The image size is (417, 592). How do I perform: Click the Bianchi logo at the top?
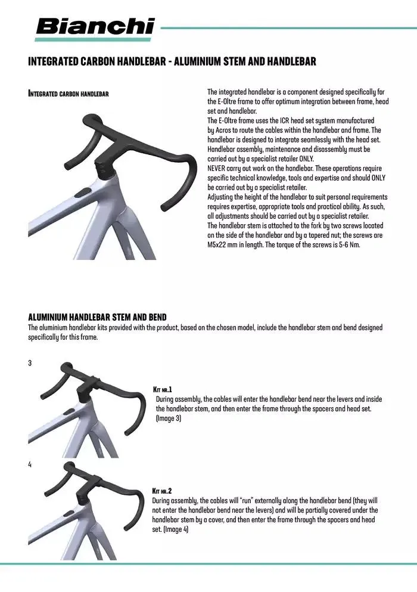pyautogui.click(x=95, y=27)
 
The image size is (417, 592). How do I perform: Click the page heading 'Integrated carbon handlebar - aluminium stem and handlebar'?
pyautogui.click(x=172, y=62)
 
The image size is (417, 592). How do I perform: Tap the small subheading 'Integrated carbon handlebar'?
pyautogui.click(x=68, y=94)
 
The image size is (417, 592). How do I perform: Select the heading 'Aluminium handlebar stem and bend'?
pyautogui.click(x=97, y=316)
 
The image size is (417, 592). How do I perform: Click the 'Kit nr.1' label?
pyautogui.click(x=163, y=389)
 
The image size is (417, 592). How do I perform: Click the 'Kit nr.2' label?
pyautogui.click(x=163, y=491)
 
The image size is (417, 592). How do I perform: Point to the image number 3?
pyautogui.click(x=30, y=363)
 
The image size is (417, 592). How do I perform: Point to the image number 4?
pyautogui.click(x=30, y=464)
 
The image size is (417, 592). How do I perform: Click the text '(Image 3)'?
pyautogui.click(x=169, y=419)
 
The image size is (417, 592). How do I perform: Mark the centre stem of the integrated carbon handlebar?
pyautogui.click(x=105, y=159)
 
